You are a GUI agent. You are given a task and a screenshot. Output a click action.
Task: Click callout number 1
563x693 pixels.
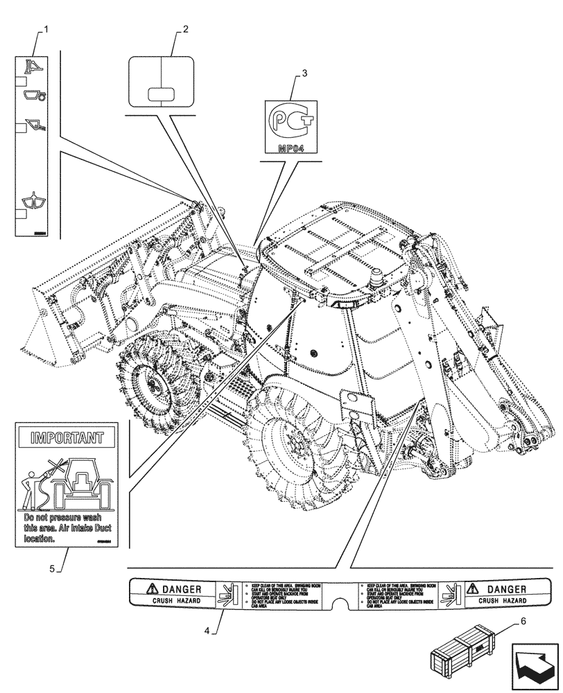pos(46,28)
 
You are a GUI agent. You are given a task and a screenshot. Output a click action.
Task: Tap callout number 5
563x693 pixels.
pos(51,569)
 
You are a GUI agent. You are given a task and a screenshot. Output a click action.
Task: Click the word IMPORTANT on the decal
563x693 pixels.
pos(67,438)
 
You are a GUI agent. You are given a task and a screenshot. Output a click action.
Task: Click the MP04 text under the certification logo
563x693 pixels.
pos(291,148)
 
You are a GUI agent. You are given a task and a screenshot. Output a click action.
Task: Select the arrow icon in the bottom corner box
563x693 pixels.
pos(536,667)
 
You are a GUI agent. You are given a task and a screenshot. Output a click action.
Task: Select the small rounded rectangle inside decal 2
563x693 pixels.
pos(161,94)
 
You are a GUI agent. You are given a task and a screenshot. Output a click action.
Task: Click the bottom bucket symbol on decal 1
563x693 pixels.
pos(33,200)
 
